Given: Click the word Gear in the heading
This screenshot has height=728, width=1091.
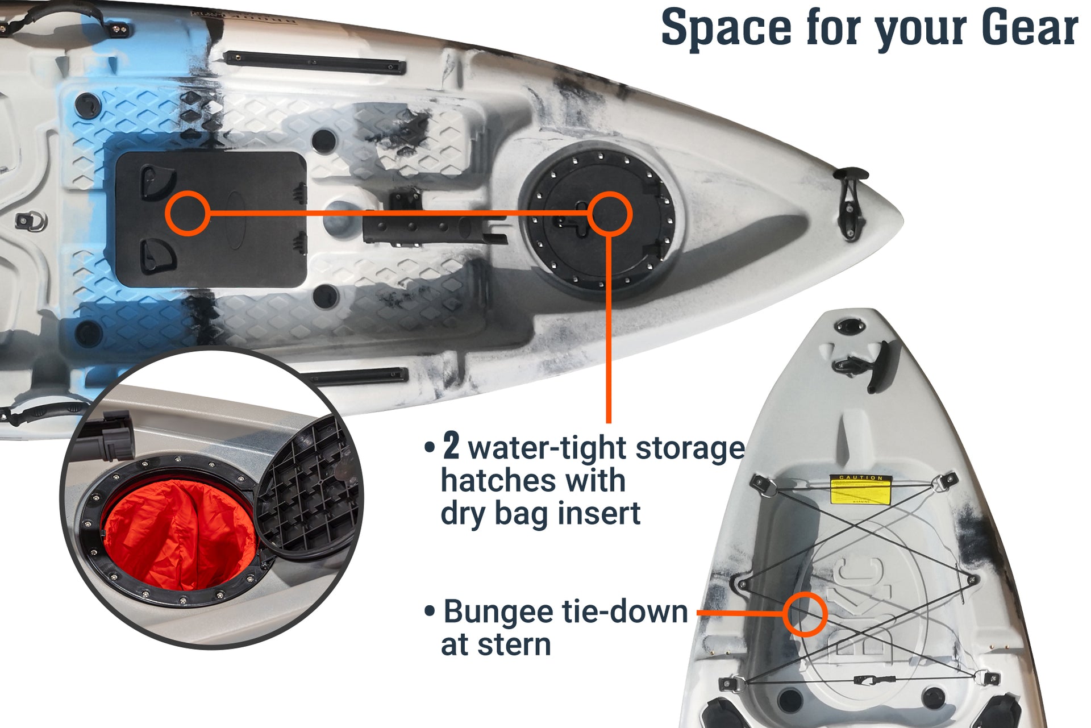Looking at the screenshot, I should pos(1029,28).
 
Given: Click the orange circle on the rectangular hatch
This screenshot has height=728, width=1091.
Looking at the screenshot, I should pos(188,214).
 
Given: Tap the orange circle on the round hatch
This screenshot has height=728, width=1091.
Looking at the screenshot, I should pos(609,214).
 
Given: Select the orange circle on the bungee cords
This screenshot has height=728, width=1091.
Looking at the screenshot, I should pos(804,614).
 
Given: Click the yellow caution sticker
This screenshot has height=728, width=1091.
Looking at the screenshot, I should pos(860,490).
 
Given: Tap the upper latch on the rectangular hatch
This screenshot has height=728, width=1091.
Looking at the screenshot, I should pos(157,182).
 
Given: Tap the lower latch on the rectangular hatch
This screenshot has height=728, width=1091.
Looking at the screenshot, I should pos(157,255).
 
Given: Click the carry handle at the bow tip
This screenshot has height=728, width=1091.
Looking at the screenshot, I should pos(851,202).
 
